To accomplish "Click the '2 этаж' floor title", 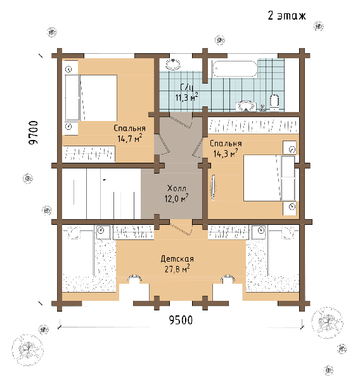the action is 286,15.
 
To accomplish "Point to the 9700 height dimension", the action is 34,133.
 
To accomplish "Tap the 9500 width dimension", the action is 181,320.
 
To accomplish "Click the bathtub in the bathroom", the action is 234,69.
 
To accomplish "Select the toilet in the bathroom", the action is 274,103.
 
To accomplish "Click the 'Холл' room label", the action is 177,188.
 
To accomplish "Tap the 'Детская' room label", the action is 177,259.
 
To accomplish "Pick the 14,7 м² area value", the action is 130,139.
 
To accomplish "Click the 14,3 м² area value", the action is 226,154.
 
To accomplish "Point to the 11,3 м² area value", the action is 186,97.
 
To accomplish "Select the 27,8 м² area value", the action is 177,269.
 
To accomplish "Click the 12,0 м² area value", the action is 177,198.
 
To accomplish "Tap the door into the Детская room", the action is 181,227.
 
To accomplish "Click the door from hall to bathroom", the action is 181,120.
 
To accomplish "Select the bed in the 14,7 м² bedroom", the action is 91,98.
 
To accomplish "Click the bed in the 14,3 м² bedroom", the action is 269,178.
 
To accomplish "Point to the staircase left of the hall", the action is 101,193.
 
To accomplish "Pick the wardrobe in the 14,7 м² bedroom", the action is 89,154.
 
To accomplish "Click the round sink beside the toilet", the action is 245,106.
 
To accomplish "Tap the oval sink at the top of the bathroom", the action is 173,64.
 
